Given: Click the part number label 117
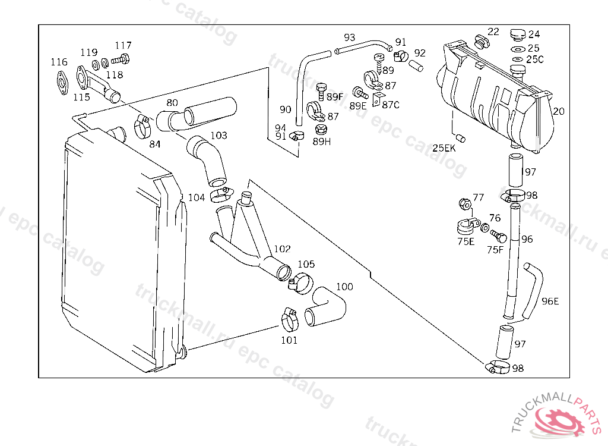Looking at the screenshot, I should [123, 45].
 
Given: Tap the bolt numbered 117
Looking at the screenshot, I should [123, 59].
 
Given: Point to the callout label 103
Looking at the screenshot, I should [218, 136].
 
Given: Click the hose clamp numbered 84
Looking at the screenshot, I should [142, 126].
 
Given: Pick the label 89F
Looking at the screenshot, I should [335, 96].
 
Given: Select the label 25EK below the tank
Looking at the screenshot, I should [444, 148].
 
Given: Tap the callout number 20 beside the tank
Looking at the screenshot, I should [559, 111].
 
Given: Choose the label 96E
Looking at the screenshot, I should [550, 301].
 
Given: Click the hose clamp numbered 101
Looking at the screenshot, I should [290, 321].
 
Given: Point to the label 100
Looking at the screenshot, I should [344, 287].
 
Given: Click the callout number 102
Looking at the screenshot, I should [282, 249].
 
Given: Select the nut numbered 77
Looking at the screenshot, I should [465, 204].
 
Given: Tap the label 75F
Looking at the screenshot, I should [495, 250].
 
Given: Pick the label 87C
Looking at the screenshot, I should [390, 105].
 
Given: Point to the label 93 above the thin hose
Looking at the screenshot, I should [350, 37].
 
